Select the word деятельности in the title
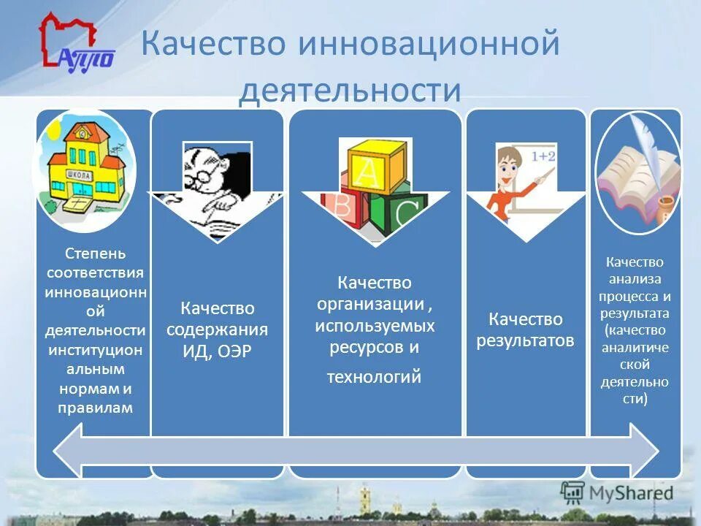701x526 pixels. pos(350,91)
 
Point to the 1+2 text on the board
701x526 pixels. pos(543,156)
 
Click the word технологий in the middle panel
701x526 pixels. pos(375,377)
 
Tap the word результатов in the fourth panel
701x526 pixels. pos(525,340)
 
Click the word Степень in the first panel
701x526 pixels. pos(96,254)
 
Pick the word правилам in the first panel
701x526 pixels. pos(96,408)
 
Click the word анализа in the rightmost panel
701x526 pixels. pos(635,278)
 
